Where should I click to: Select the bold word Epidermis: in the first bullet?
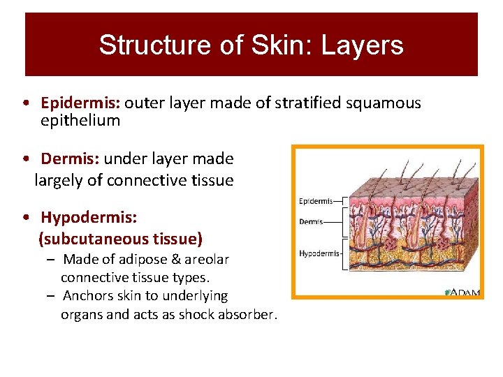[81, 103]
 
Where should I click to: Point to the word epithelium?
[80, 120]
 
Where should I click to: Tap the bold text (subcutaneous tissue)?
[120, 239]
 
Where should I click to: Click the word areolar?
[203, 260]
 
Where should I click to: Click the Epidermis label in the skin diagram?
[316, 202]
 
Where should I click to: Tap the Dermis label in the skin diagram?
[311, 222]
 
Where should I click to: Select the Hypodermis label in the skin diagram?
[319, 253]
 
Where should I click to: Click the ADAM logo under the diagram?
[462, 293]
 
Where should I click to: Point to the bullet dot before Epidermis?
[25, 103]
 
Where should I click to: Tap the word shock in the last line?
[198, 314]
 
